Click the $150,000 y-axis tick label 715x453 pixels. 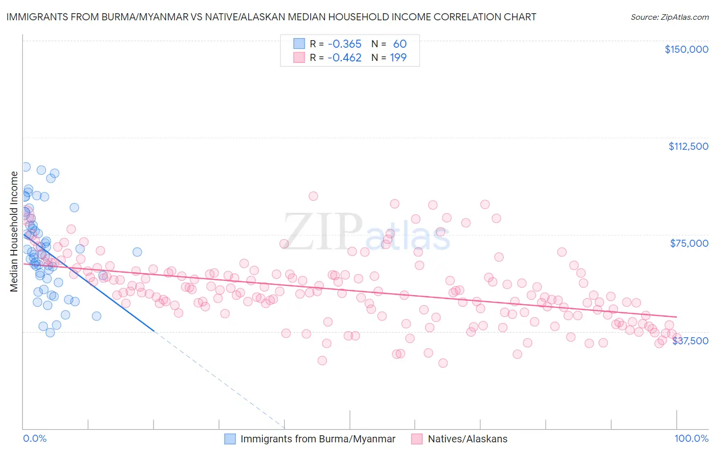click(686, 49)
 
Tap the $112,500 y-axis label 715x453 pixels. click(688, 146)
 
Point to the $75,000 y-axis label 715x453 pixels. click(689, 243)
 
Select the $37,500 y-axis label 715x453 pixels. click(690, 341)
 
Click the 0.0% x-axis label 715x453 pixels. click(35, 439)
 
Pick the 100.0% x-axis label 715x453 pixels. click(691, 439)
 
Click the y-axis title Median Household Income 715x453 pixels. click(14, 232)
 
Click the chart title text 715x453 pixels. click(271, 17)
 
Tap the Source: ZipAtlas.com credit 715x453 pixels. click(669, 17)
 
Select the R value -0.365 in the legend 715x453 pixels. click(344, 44)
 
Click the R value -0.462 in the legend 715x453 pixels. click(344, 58)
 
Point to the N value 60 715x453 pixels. click(400, 44)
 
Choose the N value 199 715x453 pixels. click(398, 58)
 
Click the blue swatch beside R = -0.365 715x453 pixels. click(299, 44)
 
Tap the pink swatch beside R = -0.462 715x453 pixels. click(299, 58)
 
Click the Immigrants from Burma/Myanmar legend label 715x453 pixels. click(318, 439)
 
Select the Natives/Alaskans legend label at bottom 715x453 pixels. click(467, 439)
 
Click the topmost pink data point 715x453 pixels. click(313, 196)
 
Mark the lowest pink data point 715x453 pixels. click(443, 363)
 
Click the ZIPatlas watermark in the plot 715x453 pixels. click(366, 232)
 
